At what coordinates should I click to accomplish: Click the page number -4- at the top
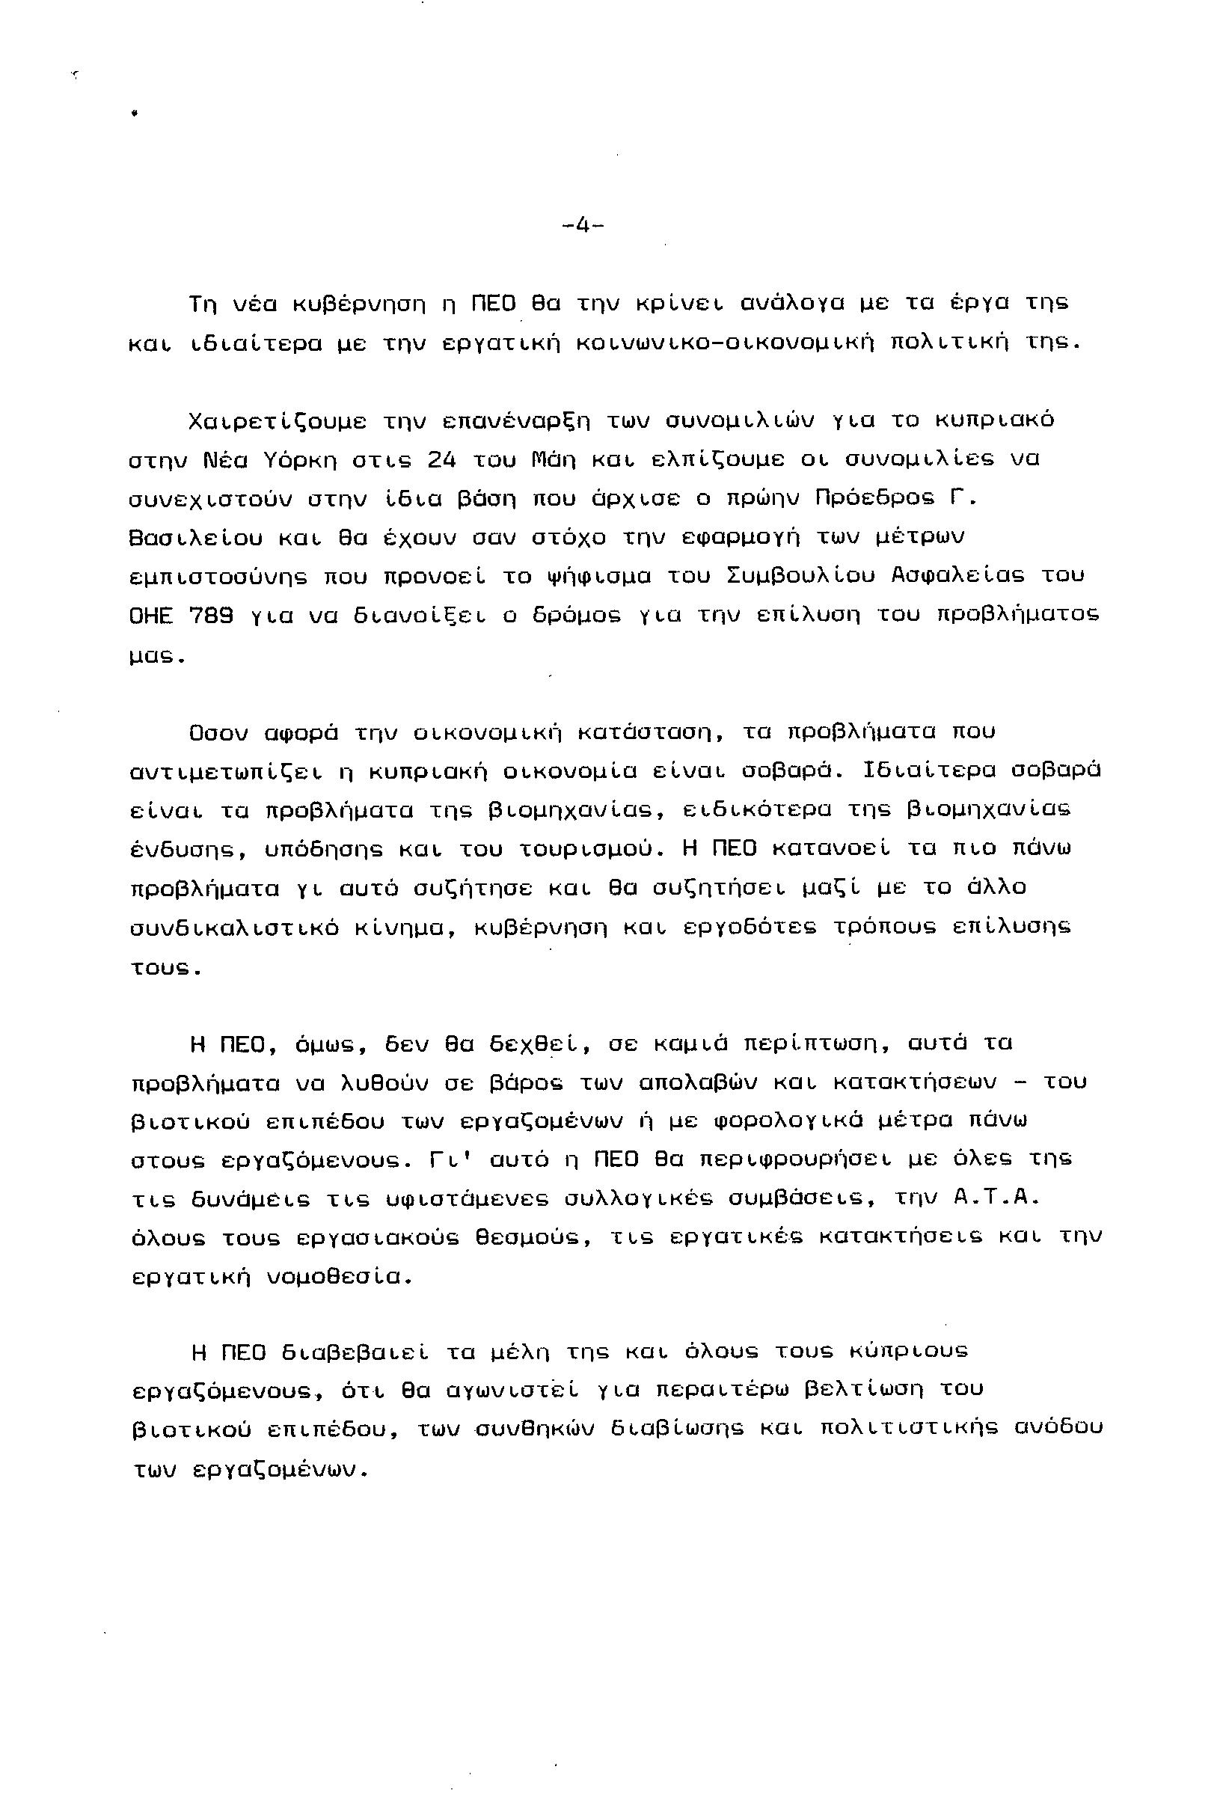(583, 226)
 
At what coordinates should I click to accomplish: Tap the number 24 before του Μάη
(441, 459)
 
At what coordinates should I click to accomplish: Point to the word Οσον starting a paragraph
(218, 732)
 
